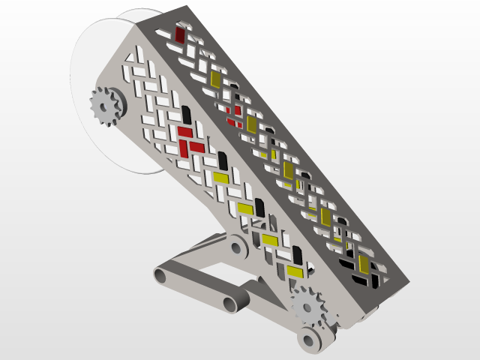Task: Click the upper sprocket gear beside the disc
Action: [106, 106]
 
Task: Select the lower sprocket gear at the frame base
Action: [307, 306]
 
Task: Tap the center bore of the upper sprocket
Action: [106, 106]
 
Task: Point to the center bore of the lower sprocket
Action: [307, 306]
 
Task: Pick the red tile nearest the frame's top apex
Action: [180, 34]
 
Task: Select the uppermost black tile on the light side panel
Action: [186, 115]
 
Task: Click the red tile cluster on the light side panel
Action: [188, 140]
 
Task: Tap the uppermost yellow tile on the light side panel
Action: [220, 178]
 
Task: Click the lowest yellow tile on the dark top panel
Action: [364, 264]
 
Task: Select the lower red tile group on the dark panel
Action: [235, 112]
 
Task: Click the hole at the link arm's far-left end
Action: [161, 275]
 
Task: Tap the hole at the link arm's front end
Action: [229, 304]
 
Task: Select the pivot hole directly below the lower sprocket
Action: [310, 339]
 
